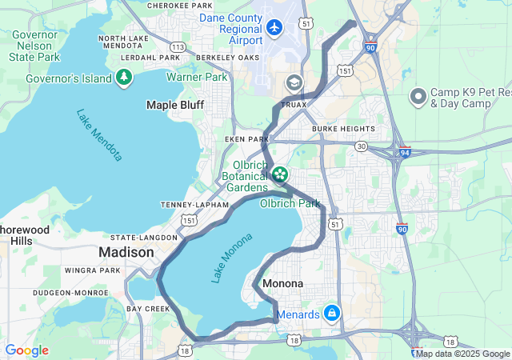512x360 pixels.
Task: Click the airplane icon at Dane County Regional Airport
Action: coord(275,27)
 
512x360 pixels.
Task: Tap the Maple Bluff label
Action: coord(174,105)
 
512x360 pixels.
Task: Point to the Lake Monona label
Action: coord(231,258)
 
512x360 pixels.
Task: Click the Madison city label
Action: coord(126,252)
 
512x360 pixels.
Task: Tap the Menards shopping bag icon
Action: coord(331,313)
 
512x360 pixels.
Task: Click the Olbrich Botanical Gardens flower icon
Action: coord(280,174)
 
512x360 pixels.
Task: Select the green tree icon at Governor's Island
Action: coord(124,77)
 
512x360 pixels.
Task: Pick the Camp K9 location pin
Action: coord(418,98)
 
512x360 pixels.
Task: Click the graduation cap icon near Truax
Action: coord(294,82)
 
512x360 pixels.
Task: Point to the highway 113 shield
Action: coord(178,47)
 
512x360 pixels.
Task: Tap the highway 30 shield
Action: coord(362,146)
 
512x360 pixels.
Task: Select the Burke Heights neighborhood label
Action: coord(343,129)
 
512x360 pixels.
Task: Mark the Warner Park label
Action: coord(197,78)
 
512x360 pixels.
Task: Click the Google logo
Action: coord(27,350)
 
